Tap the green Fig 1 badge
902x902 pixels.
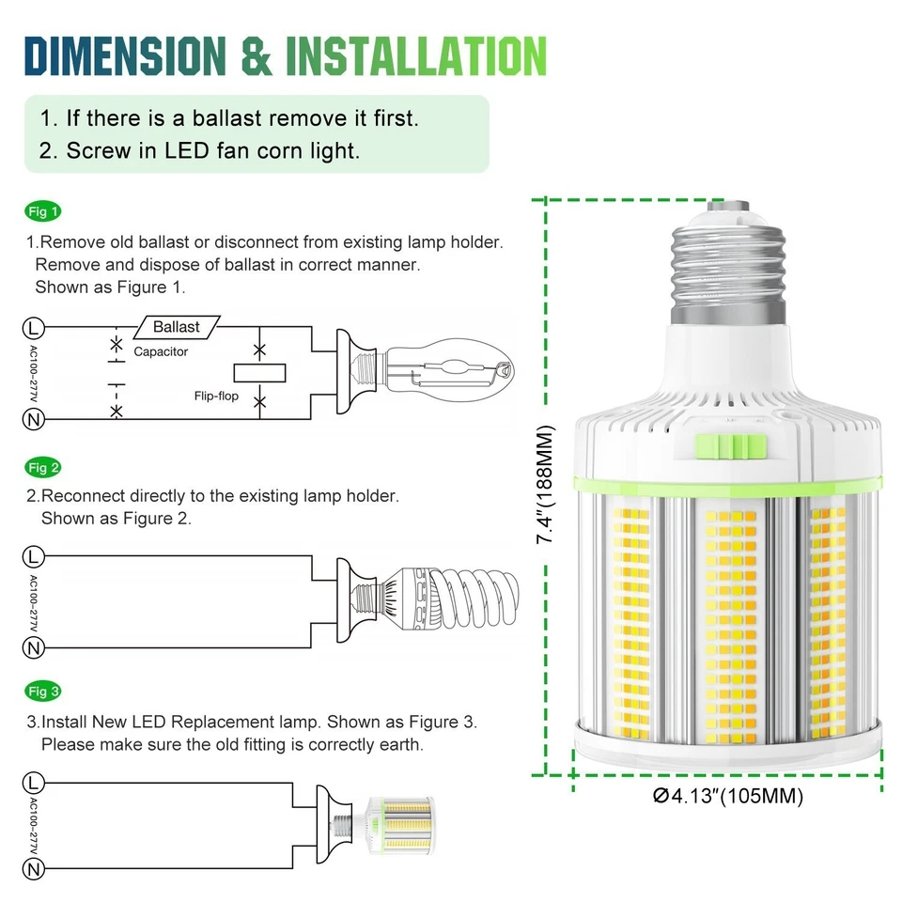point(43,211)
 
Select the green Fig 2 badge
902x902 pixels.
point(43,467)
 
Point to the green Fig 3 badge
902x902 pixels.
point(43,692)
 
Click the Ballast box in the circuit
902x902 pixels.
point(177,327)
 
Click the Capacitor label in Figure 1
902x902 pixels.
point(161,351)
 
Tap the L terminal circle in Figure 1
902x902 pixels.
point(34,328)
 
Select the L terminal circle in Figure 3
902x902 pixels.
point(34,782)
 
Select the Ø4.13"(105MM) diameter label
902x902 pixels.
point(728,797)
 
